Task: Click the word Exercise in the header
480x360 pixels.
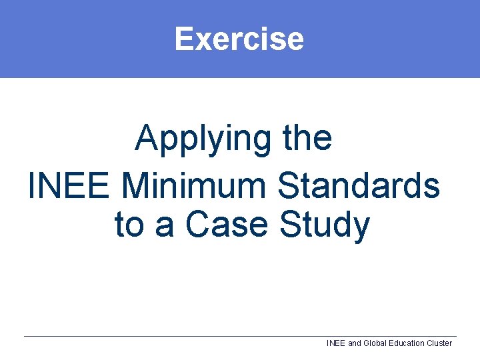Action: pos(239,38)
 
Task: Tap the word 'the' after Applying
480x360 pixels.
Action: pos(307,138)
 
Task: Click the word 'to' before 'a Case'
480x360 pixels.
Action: pos(129,225)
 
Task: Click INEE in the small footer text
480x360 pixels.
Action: pos(335,343)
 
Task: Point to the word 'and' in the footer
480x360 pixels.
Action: pos(355,343)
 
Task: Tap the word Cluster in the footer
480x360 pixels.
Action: pos(439,343)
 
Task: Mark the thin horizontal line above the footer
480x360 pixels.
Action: pos(240,336)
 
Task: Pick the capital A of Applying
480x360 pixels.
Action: pos(147,138)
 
